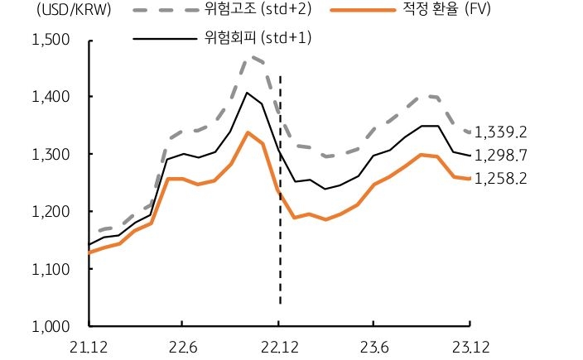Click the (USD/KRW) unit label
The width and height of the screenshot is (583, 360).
(x=51, y=11)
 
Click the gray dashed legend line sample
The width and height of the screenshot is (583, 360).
(x=164, y=12)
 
